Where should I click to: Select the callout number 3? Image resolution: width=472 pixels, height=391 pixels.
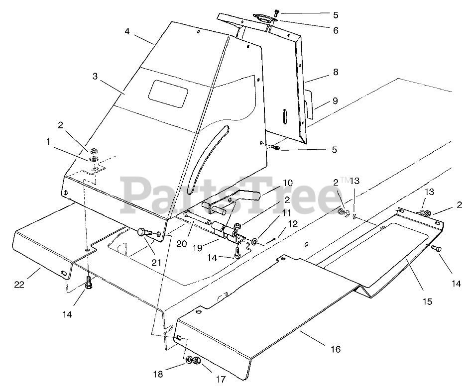click(x=95, y=77)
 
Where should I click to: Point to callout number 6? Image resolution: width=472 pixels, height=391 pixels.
click(x=336, y=31)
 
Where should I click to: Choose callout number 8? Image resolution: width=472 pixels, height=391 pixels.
click(x=336, y=72)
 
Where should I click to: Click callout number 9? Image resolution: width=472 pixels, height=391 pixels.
click(x=336, y=101)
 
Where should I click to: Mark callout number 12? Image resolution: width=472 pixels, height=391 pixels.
click(x=292, y=223)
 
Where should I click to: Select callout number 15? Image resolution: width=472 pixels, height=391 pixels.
click(x=427, y=301)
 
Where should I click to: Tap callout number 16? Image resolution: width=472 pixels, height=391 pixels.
click(x=336, y=349)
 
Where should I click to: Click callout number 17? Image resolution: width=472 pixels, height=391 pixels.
click(x=221, y=380)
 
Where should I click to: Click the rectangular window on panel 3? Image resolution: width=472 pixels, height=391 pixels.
click(x=170, y=92)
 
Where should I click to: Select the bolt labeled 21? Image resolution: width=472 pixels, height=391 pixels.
click(x=142, y=232)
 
